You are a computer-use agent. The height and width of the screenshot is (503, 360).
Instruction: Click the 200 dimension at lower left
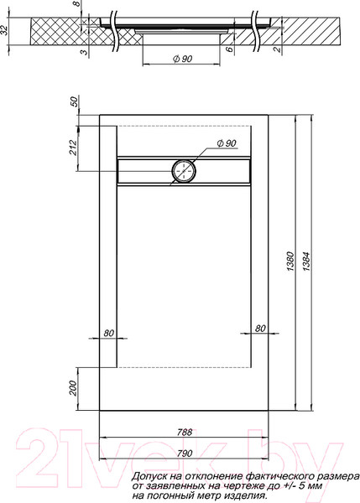pos(72,389)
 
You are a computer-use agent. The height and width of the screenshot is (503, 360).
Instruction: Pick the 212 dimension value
pos(72,148)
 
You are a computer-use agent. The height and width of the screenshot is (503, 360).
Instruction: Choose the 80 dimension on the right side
pos(259,329)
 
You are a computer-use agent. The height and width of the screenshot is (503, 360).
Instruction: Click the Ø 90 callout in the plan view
pos(226,145)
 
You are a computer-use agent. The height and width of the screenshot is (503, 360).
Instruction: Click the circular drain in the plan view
pos(183,171)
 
